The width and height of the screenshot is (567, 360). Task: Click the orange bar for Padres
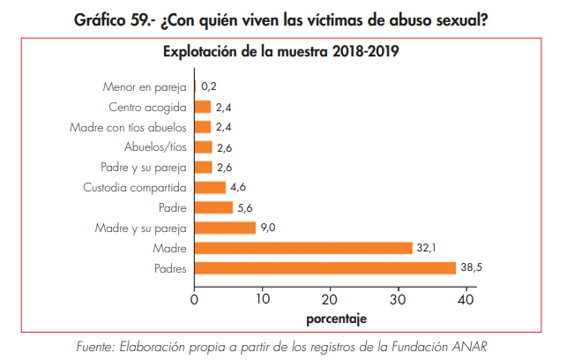pyautogui.click(x=325, y=267)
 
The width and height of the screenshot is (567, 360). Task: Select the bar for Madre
pyautogui.click(x=302, y=248)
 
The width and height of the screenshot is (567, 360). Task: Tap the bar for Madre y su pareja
pyautogui.click(x=224, y=228)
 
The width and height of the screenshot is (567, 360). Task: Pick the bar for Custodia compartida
pyautogui.click(x=210, y=187)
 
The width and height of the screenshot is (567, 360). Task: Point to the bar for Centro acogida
pyautogui.click(x=202, y=107)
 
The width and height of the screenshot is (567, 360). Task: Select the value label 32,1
pyautogui.click(x=427, y=248)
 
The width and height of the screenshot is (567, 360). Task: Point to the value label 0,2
pyautogui.click(x=209, y=86)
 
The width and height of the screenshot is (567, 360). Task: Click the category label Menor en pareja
pyautogui.click(x=145, y=86)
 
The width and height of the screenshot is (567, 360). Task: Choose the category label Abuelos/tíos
pyautogui.click(x=155, y=147)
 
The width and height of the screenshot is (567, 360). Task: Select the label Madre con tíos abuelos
pyautogui.click(x=128, y=127)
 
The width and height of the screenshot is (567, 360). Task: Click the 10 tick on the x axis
pyautogui.click(x=262, y=297)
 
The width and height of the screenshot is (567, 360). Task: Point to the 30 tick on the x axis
pyautogui.click(x=399, y=297)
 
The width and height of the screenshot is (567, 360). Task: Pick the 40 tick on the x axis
pyautogui.click(x=466, y=297)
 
